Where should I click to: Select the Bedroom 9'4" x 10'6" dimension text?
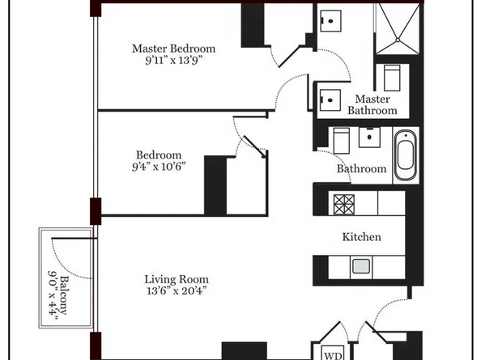tap(159, 167)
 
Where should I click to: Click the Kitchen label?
tap(361, 237)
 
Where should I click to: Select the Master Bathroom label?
tap(372, 104)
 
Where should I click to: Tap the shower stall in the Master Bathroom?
tap(397, 30)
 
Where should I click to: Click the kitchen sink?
tap(360, 265)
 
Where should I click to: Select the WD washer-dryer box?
tap(333, 354)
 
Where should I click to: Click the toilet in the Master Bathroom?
tap(391, 78)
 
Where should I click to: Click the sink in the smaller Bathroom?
tap(372, 137)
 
